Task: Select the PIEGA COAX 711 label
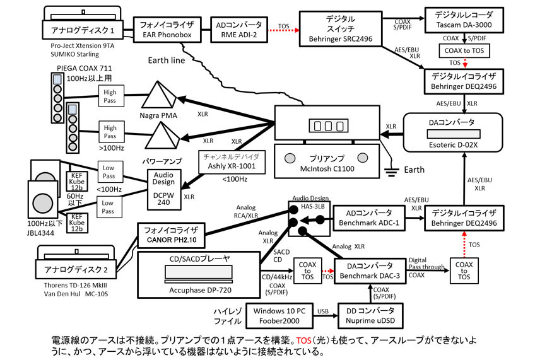(x=77, y=69)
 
